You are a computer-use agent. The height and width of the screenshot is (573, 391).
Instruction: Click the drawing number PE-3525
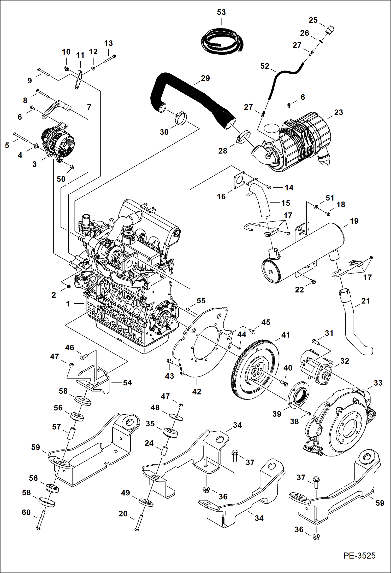point(359,555)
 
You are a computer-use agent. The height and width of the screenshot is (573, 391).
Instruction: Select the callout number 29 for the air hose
point(205,78)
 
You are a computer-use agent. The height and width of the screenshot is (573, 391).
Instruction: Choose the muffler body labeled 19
point(303,253)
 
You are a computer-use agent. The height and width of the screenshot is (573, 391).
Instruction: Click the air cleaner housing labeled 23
point(300,141)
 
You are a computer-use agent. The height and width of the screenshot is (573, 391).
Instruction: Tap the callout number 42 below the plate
point(197,391)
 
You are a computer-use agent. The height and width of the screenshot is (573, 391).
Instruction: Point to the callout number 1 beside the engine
point(68,304)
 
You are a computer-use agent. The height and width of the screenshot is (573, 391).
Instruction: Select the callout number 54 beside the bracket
point(127,383)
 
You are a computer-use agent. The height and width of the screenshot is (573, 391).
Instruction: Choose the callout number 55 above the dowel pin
point(201,301)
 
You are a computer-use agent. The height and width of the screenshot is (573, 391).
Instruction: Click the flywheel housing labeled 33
point(339,423)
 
